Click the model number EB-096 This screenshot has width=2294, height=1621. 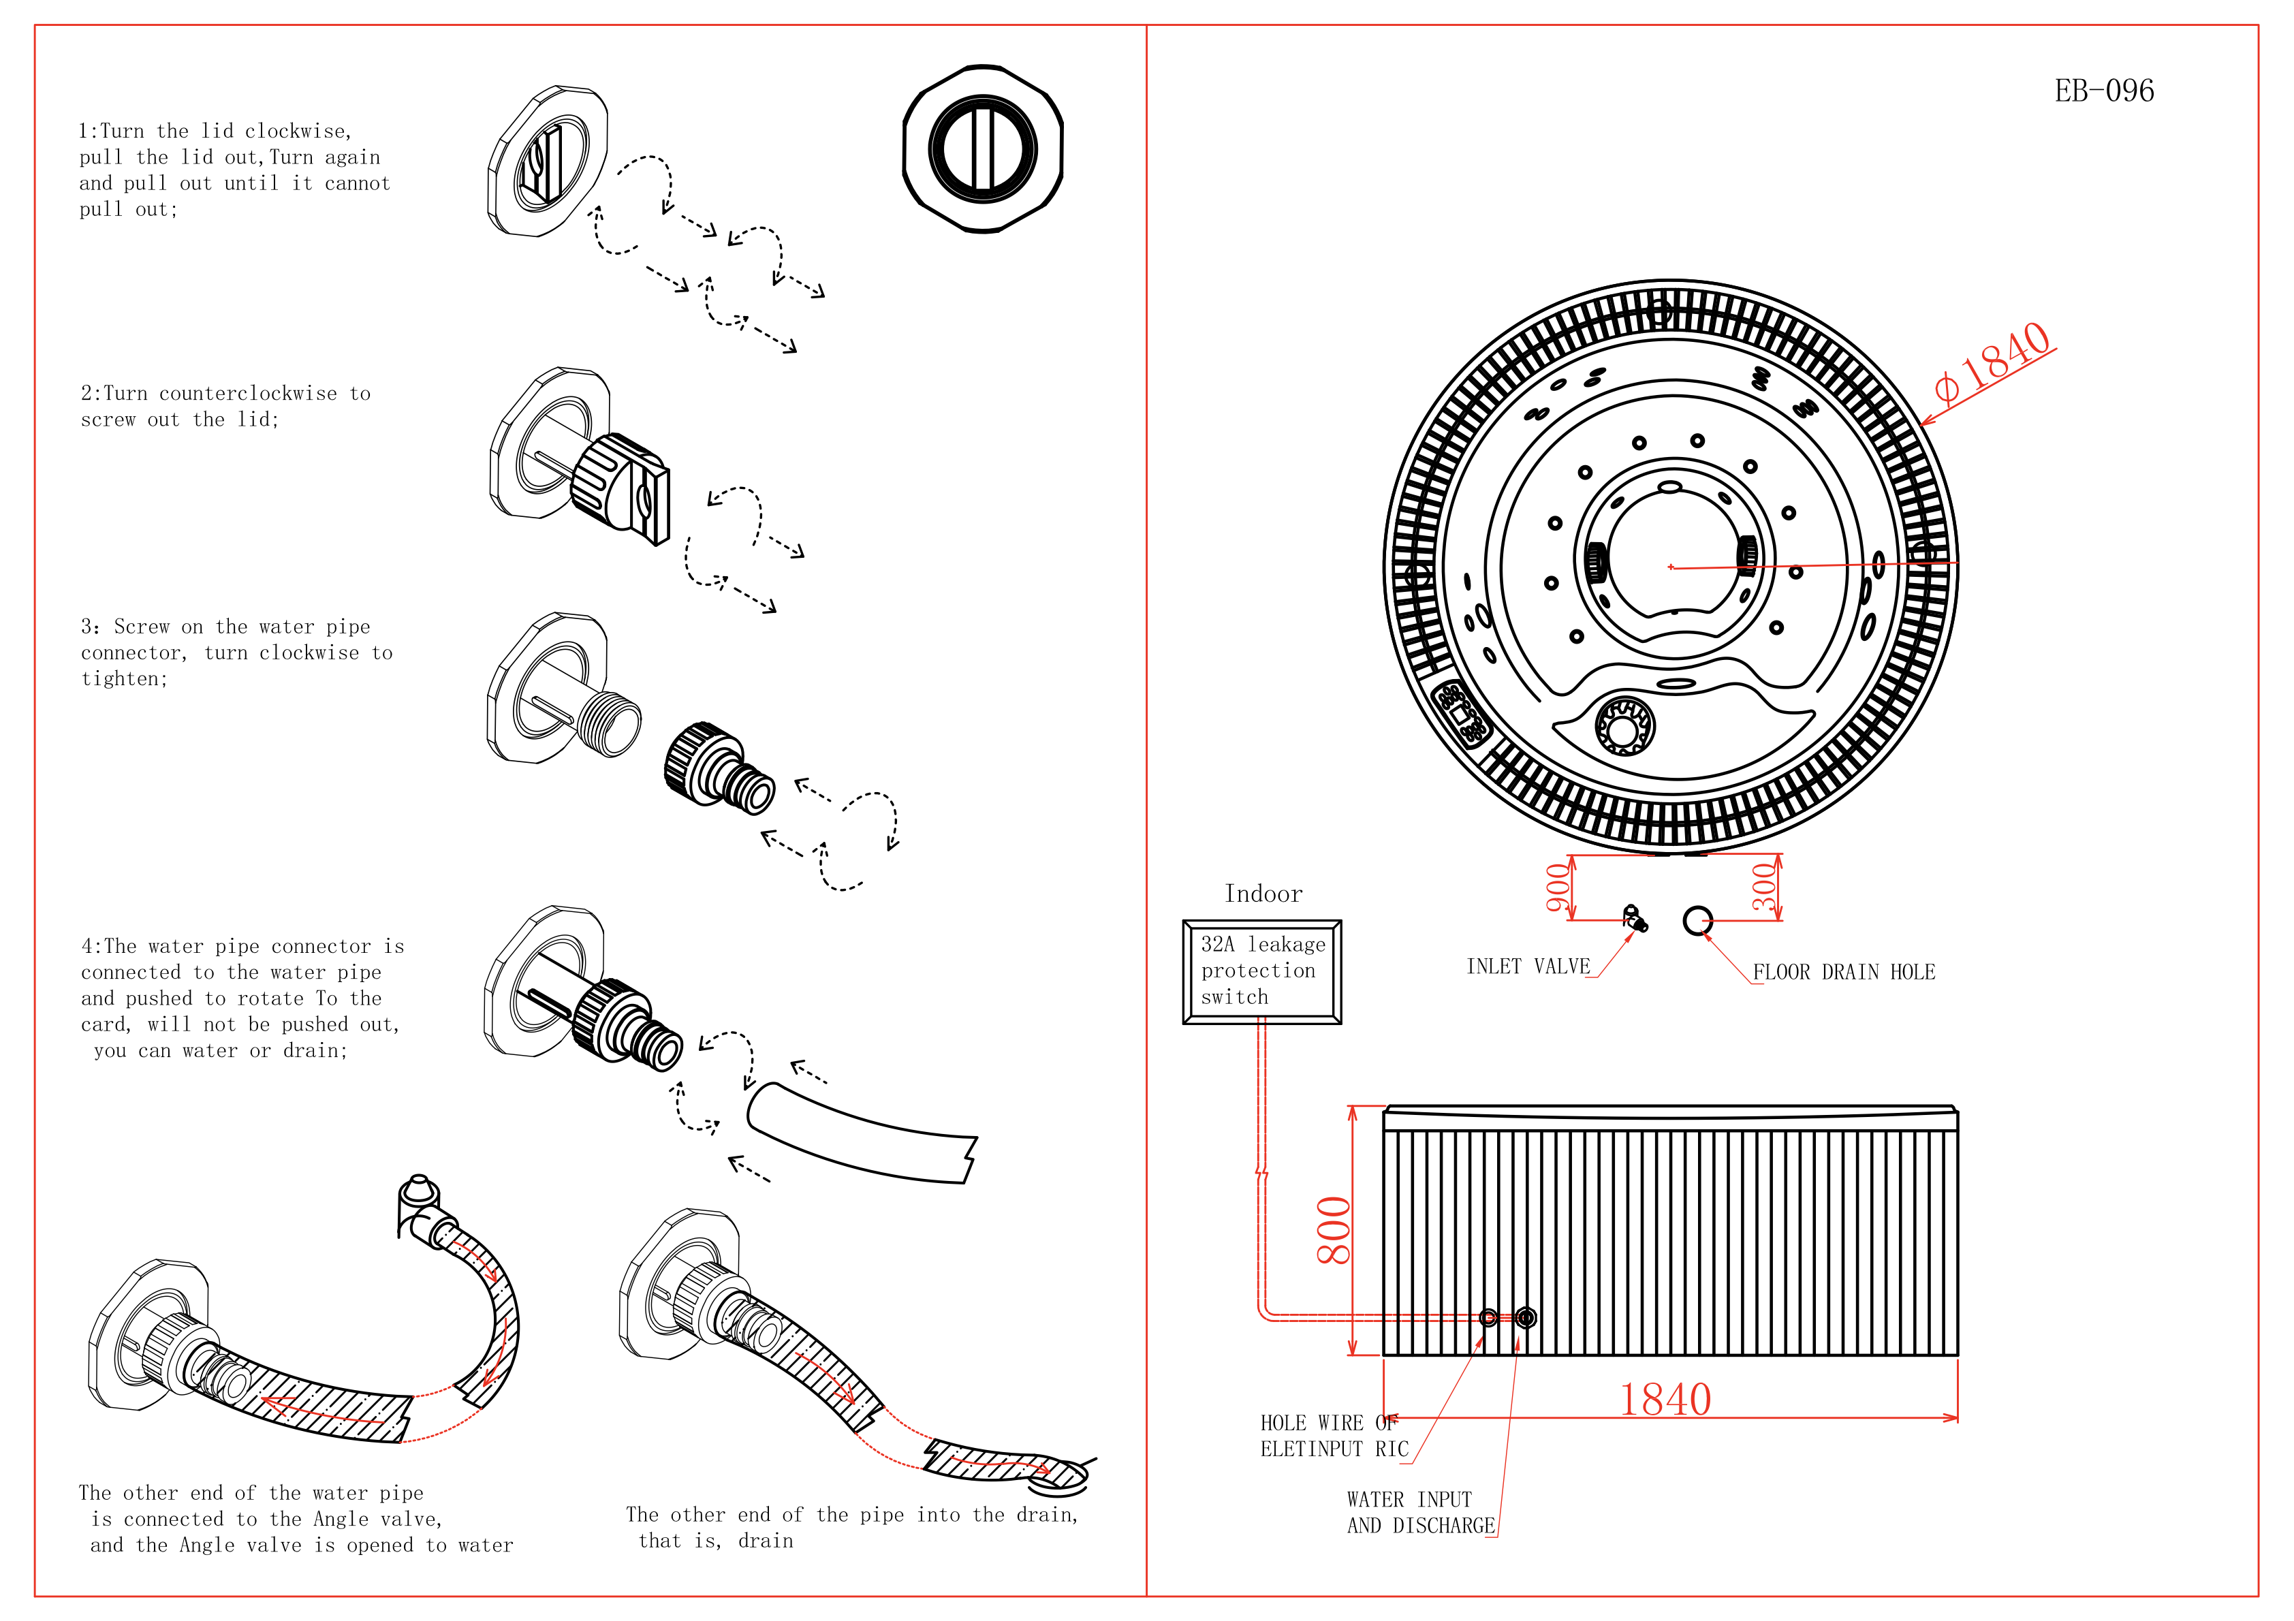[x=2103, y=92]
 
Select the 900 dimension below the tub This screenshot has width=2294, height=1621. [x=1558, y=887]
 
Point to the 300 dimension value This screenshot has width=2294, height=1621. [x=1765, y=887]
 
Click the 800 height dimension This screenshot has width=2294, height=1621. [x=1334, y=1230]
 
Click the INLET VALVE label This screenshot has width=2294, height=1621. [x=1528, y=966]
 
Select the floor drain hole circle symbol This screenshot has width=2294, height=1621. [x=1697, y=920]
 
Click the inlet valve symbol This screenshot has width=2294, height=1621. [x=1635, y=918]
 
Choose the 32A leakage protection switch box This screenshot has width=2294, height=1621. [x=1262, y=971]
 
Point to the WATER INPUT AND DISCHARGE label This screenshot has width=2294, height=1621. [x=1419, y=1513]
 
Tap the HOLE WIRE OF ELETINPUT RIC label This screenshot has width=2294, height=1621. [x=1333, y=1436]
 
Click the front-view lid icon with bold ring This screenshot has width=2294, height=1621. [x=982, y=150]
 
